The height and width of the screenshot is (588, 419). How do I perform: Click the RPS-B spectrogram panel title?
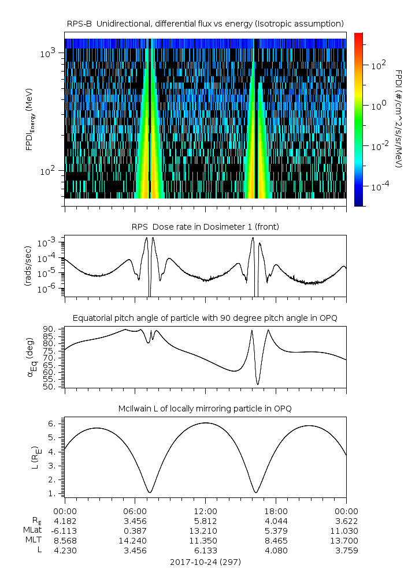tap(205, 23)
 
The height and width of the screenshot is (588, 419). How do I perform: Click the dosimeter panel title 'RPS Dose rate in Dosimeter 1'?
tap(205, 227)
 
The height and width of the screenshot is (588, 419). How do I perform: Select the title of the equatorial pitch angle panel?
tap(205, 318)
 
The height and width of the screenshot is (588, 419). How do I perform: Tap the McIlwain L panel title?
tap(205, 409)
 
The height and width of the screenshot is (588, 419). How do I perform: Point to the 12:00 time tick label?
tap(205, 511)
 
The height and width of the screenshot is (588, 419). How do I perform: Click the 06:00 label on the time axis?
tap(135, 511)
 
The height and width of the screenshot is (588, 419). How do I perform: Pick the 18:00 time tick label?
tap(276, 511)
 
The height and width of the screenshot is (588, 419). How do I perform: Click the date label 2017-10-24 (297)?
tap(205, 561)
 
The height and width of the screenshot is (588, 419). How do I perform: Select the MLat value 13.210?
tap(205, 531)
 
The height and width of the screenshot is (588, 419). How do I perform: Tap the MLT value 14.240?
tap(135, 541)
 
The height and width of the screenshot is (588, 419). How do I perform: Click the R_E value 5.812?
tap(205, 521)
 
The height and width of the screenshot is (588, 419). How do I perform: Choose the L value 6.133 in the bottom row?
tap(205, 550)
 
